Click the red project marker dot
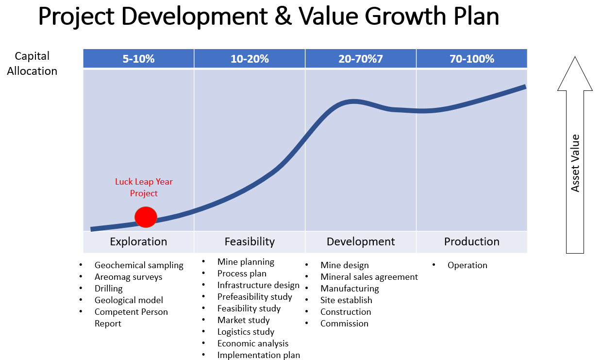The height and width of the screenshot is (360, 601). coord(146,217)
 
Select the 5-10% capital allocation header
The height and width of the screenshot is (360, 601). coord(138,59)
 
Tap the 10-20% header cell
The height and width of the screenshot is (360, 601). coord(250,59)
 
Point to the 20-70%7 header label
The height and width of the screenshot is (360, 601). coord(361,59)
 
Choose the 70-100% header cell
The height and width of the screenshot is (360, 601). coord(471,59)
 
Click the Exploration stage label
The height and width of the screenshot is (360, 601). coord(138,241)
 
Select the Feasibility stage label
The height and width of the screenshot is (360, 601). coord(250,241)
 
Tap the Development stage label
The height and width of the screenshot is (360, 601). coord(361,241)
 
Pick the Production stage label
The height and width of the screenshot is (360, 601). coord(471,241)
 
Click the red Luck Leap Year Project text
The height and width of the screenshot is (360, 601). coord(144,188)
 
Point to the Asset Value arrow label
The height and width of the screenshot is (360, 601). coord(575,163)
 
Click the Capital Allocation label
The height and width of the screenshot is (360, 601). coord(32,64)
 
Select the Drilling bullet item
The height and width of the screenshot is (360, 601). coord(109,289)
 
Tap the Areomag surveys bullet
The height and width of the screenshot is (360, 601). coord(128,277)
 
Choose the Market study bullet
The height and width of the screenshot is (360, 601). coord(243,320)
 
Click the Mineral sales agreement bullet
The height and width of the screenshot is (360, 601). coord(369,277)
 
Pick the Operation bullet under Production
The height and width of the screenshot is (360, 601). coord(467,265)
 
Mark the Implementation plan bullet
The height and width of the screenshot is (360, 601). coord(258,355)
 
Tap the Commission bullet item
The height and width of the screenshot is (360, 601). coord(344,324)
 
